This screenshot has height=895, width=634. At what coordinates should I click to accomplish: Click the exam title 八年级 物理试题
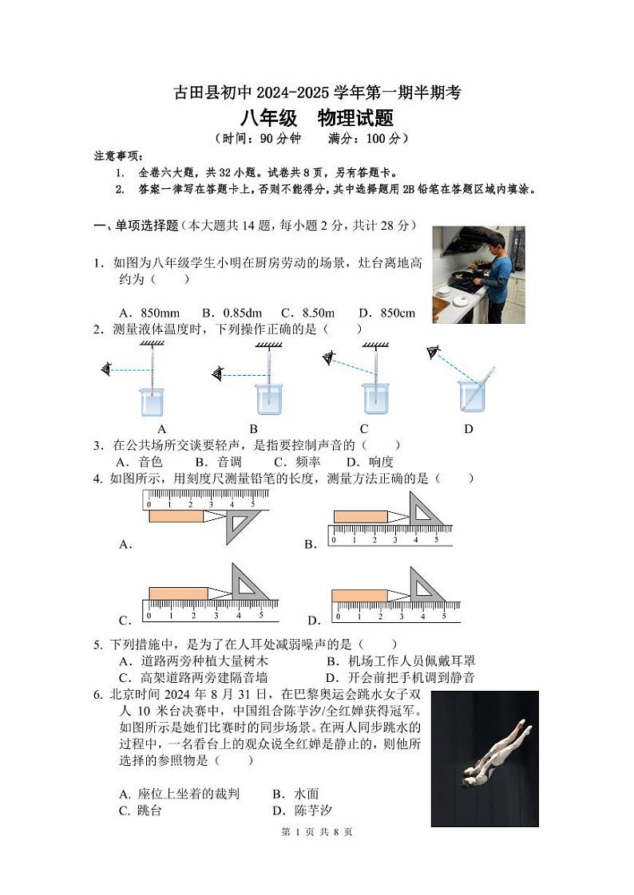(317, 119)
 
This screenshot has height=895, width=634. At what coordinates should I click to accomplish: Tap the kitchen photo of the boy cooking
(478, 274)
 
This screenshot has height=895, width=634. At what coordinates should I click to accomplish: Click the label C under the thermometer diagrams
(364, 428)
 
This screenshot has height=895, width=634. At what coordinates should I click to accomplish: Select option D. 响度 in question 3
(370, 462)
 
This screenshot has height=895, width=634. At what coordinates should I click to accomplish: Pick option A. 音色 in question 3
(140, 462)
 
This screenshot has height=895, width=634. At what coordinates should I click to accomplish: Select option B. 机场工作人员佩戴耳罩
(401, 660)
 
